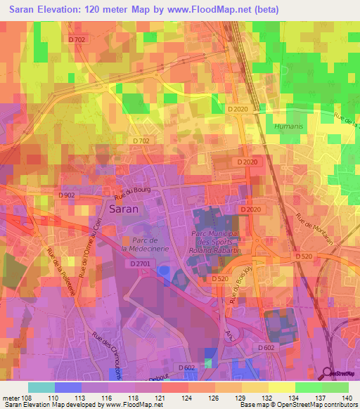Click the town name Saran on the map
[x=123, y=209]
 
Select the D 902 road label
[x=67, y=195]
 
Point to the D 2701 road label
[x=141, y=264]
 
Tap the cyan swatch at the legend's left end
[x=41, y=387]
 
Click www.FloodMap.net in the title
[x=219, y=9]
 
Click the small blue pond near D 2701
[x=163, y=271]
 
